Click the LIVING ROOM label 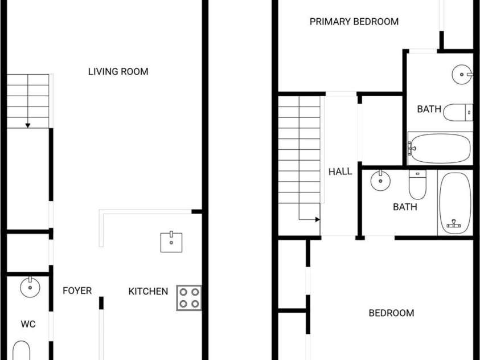click(x=118, y=72)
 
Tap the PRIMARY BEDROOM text click(x=354, y=22)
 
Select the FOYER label click(x=77, y=291)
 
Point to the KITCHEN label click(x=148, y=291)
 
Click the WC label click(x=28, y=324)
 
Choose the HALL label click(x=340, y=171)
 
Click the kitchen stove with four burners click(x=189, y=298)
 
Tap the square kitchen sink click(x=171, y=242)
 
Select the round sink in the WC click(x=30, y=287)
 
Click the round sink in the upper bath click(x=462, y=75)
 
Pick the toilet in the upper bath click(x=458, y=112)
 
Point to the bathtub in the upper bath click(x=440, y=149)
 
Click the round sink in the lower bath click(x=380, y=181)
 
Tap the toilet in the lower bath click(x=417, y=185)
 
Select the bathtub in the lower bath click(x=455, y=203)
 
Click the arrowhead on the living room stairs click(x=28, y=125)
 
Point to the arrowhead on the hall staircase click(x=318, y=219)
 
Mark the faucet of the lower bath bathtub click(x=454, y=224)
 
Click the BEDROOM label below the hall click(x=391, y=313)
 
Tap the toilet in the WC click(x=22, y=350)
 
